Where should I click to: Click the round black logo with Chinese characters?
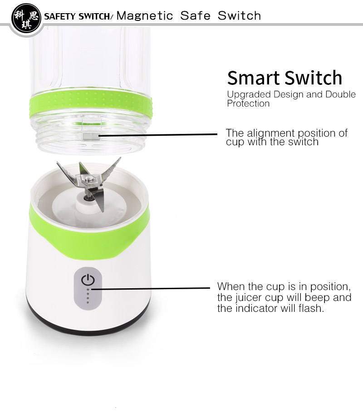(x=26, y=18)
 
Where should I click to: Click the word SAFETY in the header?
(x=60, y=16)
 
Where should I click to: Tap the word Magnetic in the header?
(x=145, y=16)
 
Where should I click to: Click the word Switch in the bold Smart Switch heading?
(x=314, y=78)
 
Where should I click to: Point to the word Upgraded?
(x=249, y=95)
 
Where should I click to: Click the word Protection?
(x=248, y=103)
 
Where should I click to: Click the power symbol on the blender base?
(x=88, y=280)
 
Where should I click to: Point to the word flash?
(x=311, y=308)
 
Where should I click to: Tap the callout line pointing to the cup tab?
(x=158, y=135)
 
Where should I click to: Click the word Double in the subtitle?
(x=341, y=94)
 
